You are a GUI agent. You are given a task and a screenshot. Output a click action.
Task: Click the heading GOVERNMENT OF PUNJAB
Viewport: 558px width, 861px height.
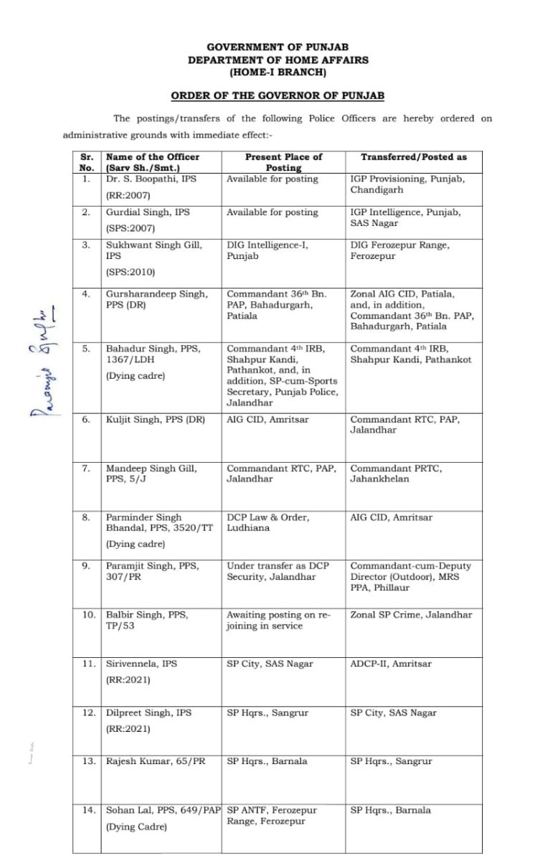pos(278,48)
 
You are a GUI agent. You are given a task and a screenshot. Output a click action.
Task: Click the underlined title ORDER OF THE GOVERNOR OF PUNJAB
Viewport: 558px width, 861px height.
pos(278,95)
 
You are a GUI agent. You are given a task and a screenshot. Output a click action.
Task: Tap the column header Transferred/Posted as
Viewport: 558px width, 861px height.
pos(413,156)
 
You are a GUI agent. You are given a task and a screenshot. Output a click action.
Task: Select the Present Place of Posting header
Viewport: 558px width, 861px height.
pos(283,161)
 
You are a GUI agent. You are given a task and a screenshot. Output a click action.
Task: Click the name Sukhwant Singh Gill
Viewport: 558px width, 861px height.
pos(151,245)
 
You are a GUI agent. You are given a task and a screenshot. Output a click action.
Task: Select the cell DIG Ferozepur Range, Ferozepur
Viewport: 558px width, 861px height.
pos(399,250)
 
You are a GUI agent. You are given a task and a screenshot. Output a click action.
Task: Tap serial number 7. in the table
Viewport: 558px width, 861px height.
pos(87,469)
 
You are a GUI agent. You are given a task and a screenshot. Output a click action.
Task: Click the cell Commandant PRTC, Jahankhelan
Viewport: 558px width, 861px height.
pos(395,474)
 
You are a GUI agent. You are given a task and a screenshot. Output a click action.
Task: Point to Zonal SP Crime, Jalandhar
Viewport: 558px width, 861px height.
pos(411,615)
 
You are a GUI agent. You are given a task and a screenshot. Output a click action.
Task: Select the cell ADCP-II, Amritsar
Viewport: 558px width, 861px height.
pos(391,664)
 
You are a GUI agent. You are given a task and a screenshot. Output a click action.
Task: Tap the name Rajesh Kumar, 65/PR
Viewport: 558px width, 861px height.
pos(155,761)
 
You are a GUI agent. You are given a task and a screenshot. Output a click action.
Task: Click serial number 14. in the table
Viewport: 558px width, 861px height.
pos(88,810)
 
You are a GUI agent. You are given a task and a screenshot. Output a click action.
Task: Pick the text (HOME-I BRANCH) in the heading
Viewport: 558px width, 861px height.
pos(278,72)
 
